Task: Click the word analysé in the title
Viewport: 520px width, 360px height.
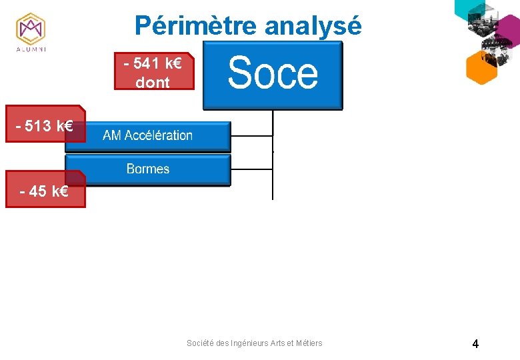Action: click(x=313, y=26)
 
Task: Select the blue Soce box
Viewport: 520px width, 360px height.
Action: click(x=272, y=75)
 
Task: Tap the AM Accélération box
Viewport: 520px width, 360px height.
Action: click(x=148, y=135)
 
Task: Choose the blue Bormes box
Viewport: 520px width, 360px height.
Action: click(x=148, y=169)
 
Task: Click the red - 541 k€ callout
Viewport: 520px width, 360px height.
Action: click(x=153, y=71)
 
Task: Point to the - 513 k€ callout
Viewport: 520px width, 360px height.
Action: click(x=45, y=124)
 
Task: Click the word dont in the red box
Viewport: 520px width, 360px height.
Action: click(x=153, y=83)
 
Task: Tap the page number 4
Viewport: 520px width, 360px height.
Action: click(x=475, y=344)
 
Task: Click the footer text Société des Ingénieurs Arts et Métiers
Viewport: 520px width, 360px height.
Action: click(x=254, y=343)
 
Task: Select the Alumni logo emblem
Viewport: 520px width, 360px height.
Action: click(x=31, y=29)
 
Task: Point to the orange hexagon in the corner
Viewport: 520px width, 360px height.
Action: click(x=481, y=67)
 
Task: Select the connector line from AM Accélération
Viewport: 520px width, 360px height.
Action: click(x=252, y=136)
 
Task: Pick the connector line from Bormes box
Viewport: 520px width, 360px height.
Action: click(x=252, y=169)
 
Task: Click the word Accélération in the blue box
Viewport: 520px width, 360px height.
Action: click(x=158, y=135)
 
